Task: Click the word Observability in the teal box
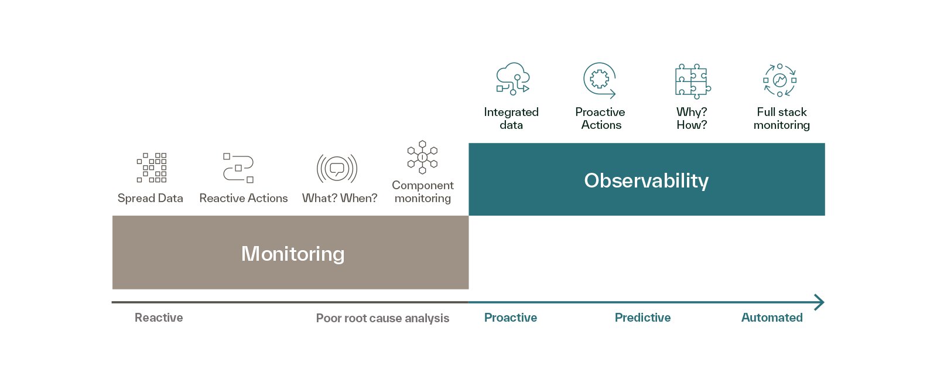point(647,181)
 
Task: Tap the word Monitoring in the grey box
point(293,254)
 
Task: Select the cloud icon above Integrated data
point(513,79)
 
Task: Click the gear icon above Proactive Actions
point(600,80)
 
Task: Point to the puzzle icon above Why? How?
point(693,81)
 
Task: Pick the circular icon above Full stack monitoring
point(779,80)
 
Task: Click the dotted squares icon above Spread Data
point(152,168)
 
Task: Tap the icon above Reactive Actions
point(238,168)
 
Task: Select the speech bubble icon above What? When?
point(337,169)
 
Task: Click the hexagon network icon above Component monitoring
point(422,158)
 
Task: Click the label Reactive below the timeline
point(159,318)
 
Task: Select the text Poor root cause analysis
point(382,318)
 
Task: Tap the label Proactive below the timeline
point(510,318)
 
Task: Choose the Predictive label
point(642,318)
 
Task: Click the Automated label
point(772,318)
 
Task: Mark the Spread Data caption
point(150,198)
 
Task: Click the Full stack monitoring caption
point(781,118)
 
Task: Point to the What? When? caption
point(340,198)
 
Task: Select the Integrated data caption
point(511,118)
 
